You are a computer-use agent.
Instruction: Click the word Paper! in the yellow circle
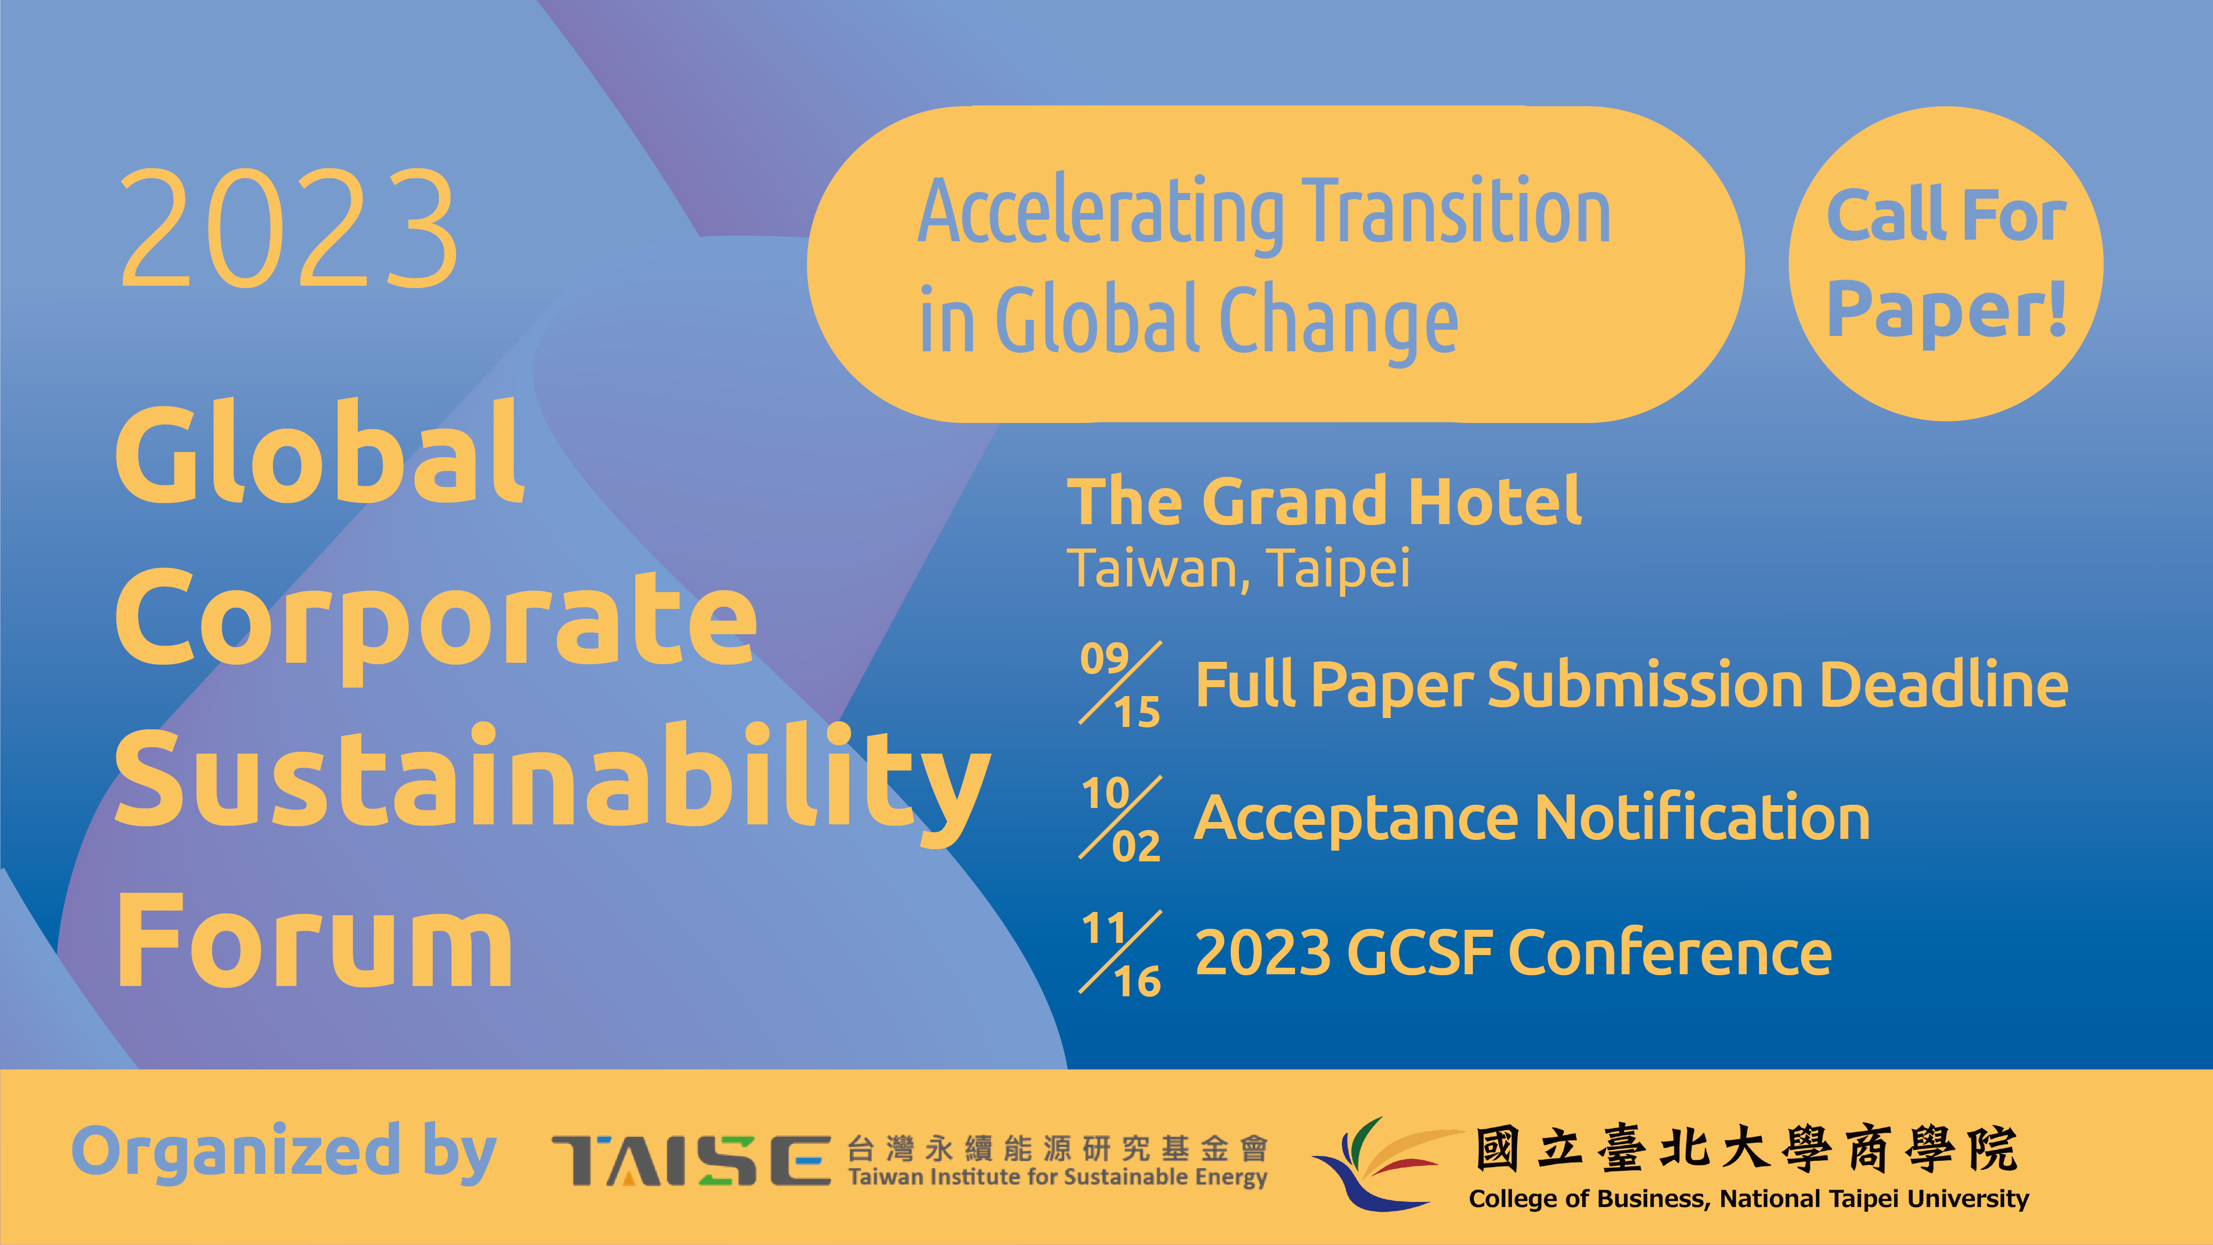point(1946,309)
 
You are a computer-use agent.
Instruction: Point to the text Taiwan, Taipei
point(1238,569)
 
